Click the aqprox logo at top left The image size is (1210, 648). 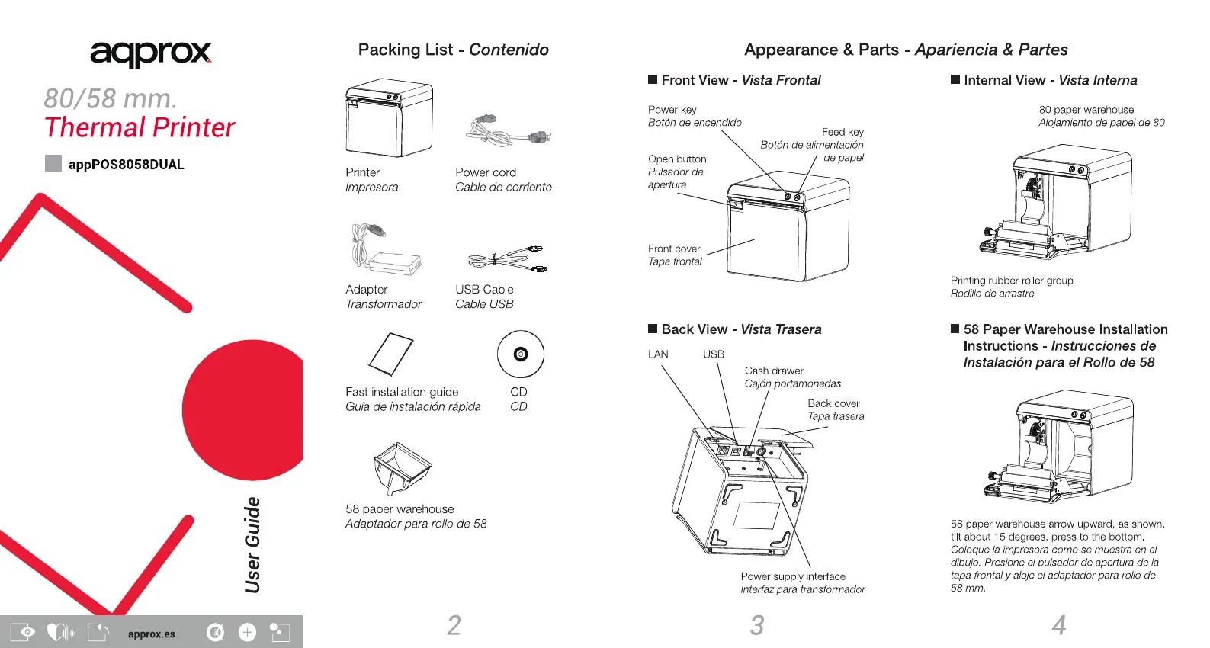tap(150, 53)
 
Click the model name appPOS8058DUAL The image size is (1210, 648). tap(126, 165)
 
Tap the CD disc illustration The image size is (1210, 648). tap(520, 354)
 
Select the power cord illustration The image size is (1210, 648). tap(509, 130)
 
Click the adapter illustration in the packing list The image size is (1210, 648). tap(386, 249)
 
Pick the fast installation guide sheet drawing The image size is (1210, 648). tap(390, 354)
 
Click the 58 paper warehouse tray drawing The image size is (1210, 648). tap(402, 467)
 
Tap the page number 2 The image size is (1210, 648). tap(454, 626)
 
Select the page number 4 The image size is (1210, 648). tap(1058, 626)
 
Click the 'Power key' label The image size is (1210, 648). tap(672, 110)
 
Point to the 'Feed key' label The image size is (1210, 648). tap(843, 132)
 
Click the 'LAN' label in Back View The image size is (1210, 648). tap(658, 354)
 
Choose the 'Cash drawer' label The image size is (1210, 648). tap(774, 371)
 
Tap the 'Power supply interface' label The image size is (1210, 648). tap(793, 576)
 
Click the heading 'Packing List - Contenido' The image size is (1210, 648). tap(453, 50)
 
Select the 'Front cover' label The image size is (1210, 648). tap(674, 249)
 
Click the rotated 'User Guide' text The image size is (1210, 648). tap(253, 544)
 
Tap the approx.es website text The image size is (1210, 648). tap(151, 634)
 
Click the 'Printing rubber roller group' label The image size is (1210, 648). tap(1012, 281)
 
